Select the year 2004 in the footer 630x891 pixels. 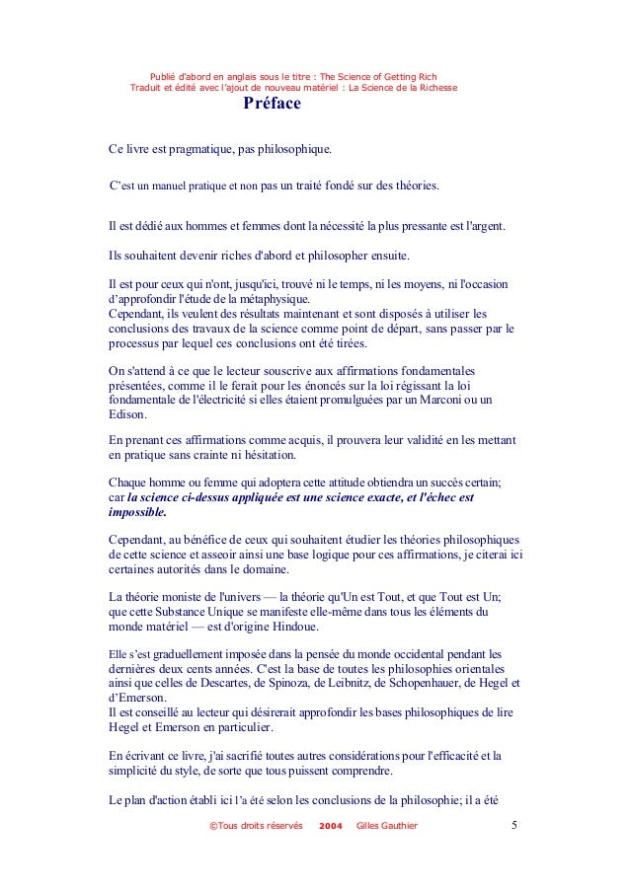click(333, 825)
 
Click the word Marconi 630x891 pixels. click(437, 400)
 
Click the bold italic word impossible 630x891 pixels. click(137, 513)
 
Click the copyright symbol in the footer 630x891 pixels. click(202, 825)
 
